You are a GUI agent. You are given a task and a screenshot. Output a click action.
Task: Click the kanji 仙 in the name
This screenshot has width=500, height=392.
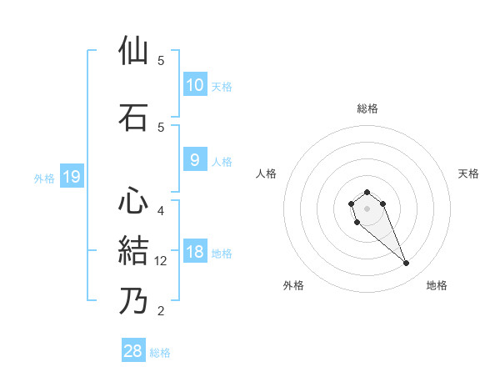coord(133,52)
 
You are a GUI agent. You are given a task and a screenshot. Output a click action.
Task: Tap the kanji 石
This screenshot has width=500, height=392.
coord(133,118)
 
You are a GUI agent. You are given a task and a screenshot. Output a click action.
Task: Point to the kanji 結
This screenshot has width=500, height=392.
coord(133,250)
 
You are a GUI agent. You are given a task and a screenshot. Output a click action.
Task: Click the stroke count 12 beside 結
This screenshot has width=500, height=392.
coord(162,261)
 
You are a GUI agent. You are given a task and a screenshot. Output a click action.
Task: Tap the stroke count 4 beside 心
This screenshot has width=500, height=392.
coord(161,210)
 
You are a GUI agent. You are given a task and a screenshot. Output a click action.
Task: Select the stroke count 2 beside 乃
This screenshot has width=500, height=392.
coord(161,311)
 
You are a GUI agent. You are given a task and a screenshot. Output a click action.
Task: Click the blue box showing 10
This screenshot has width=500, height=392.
coord(194,85)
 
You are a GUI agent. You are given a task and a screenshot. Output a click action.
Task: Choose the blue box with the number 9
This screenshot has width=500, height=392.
coord(194,160)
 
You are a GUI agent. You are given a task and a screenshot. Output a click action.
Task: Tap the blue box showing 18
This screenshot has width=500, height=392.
coord(194,253)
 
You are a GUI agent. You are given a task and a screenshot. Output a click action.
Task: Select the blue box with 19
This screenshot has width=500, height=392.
coord(71,177)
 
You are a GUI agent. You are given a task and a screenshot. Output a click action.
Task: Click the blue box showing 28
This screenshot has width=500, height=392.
coord(133,352)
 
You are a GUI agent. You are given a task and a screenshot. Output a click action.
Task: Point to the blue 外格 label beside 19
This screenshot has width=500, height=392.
coord(44,178)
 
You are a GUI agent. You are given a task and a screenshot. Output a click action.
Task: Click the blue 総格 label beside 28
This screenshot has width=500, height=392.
coord(160,353)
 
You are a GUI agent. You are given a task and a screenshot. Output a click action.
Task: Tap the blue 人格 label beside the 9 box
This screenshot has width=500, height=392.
coord(222,161)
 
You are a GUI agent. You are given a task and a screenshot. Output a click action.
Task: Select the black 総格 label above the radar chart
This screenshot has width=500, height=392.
coord(367,108)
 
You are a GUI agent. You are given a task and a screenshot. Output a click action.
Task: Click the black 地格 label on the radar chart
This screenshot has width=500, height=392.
coord(437,285)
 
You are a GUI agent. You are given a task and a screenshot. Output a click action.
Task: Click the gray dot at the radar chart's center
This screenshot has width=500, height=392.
coord(367,207)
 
